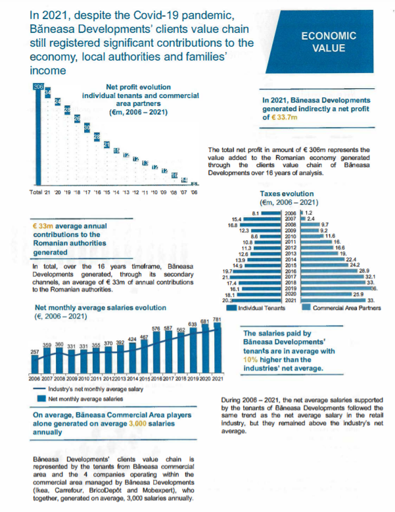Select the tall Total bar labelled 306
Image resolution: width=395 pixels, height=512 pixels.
(37, 138)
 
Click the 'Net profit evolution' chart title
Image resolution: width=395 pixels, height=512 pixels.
(138, 87)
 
